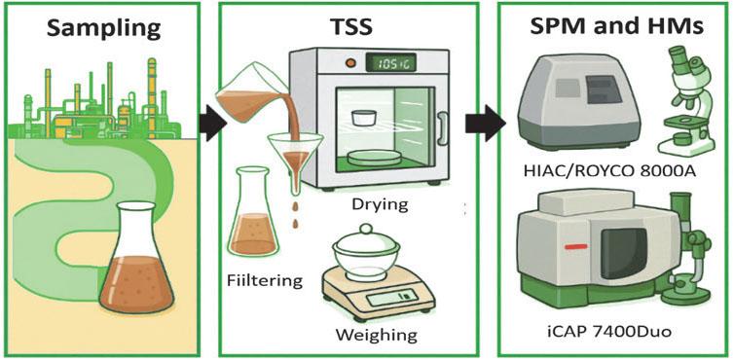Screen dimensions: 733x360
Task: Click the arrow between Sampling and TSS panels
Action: point(211,124)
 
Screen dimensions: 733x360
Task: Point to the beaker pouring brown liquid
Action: point(255,103)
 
